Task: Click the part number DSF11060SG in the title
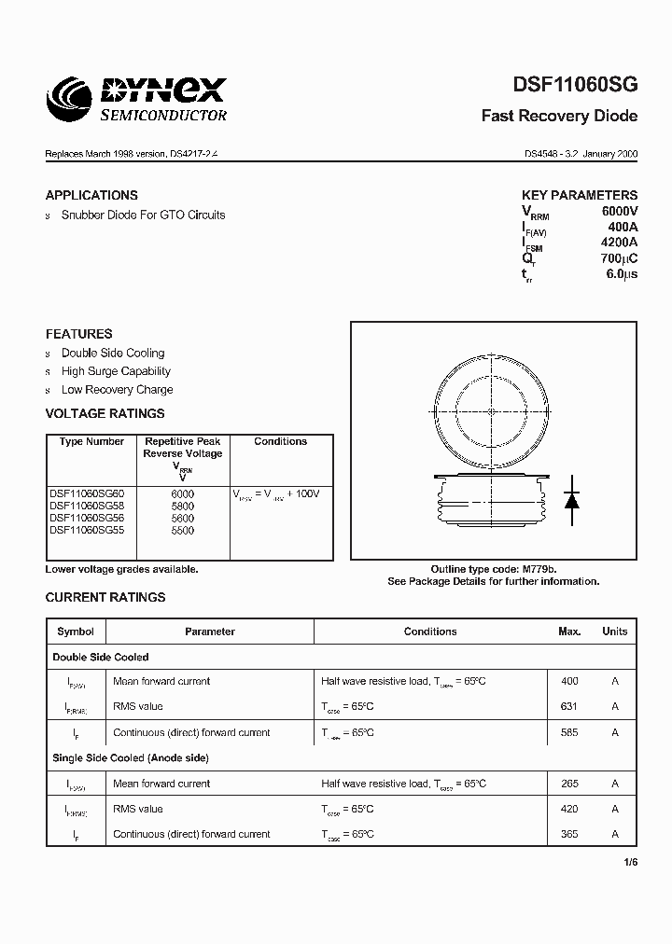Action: tap(575, 85)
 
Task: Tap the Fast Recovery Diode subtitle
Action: tap(559, 117)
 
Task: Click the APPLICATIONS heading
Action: tap(91, 195)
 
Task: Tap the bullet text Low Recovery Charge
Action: tap(117, 390)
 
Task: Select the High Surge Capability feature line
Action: tap(116, 371)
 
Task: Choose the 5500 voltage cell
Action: tap(183, 530)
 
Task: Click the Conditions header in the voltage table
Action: tap(280, 441)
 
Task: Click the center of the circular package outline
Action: tap(492, 411)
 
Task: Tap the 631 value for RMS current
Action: tap(569, 707)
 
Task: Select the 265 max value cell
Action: tap(569, 784)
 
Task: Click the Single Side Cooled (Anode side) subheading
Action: tap(131, 758)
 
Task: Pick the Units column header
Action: tap(615, 632)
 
